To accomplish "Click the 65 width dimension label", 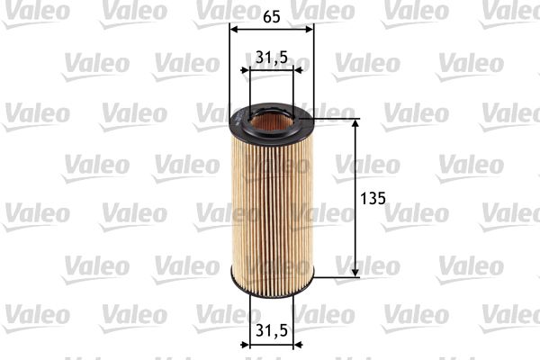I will click(x=270, y=15).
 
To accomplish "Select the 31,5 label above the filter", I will click(x=271, y=57).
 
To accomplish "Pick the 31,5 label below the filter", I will click(x=271, y=330).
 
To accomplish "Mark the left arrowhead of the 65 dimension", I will click(x=234, y=28).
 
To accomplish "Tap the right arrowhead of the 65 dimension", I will click(x=310, y=28).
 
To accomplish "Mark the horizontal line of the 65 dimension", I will click(x=272, y=28).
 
